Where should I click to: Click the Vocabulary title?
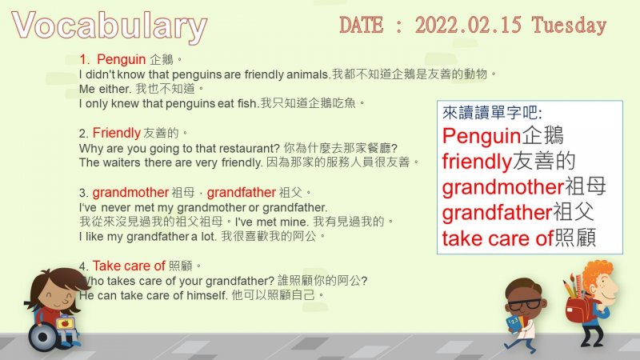click(x=110, y=26)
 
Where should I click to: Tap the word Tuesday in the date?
click(x=569, y=26)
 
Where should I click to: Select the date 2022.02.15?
click(x=468, y=26)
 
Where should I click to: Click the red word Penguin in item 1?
click(x=122, y=59)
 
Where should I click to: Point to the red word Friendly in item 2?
click(x=116, y=133)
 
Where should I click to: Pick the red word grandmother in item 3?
click(x=130, y=192)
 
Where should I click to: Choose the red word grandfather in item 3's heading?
click(x=242, y=192)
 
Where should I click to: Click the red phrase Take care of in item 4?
click(x=129, y=266)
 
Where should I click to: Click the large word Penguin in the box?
click(x=482, y=136)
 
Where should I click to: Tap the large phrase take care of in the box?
click(x=498, y=238)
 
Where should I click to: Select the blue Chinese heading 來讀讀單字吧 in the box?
click(x=491, y=113)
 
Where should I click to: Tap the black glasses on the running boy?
click(x=524, y=304)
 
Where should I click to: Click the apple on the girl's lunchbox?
click(x=65, y=323)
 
